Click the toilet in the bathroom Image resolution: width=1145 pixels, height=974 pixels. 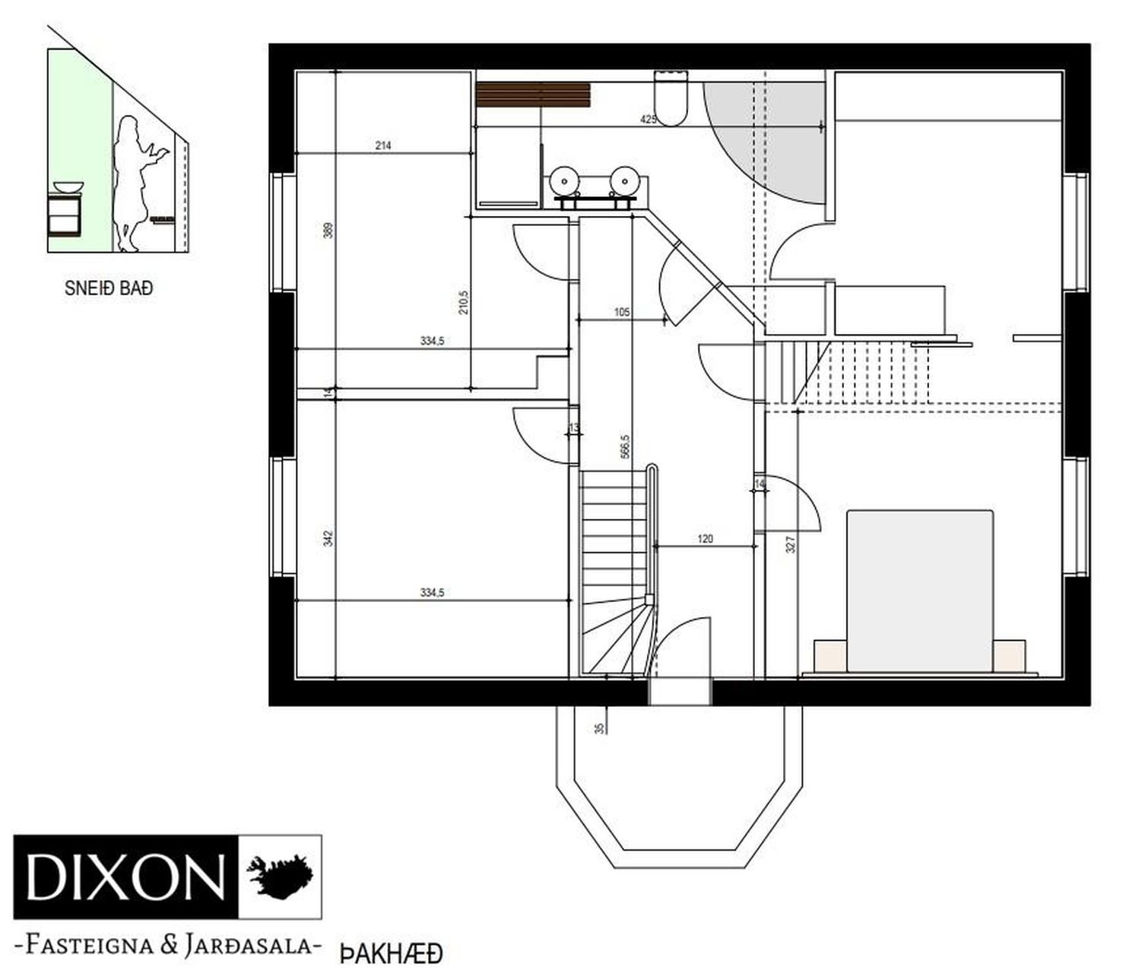point(671,99)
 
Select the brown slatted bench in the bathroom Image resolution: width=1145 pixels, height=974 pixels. point(533,94)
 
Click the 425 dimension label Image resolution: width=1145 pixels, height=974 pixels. point(648,119)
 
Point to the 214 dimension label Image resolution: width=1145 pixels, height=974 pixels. point(383,146)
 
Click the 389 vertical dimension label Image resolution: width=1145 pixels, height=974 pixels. point(328,230)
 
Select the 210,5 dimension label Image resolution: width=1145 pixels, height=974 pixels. point(464,303)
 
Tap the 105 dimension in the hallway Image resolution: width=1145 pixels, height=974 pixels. point(622,312)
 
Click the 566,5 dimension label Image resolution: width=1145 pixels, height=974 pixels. point(626,446)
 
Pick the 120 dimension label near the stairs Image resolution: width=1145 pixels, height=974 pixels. point(705,538)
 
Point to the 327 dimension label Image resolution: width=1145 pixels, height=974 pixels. point(791,544)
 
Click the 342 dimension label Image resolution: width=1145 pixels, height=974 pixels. point(328,538)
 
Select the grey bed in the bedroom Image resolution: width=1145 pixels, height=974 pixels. point(919,591)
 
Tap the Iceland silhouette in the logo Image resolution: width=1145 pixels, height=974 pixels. point(280,877)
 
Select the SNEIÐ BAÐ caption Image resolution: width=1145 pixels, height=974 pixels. point(109,288)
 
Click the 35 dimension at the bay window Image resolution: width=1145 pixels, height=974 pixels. point(598,729)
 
